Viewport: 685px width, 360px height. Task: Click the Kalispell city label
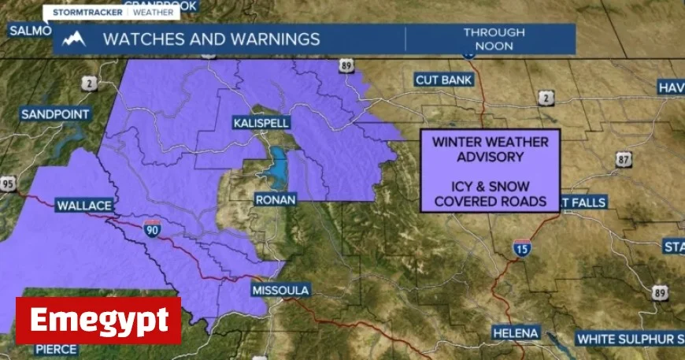pos(261,124)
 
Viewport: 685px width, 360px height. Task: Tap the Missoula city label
pos(280,290)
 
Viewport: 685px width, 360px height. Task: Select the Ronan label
pos(276,200)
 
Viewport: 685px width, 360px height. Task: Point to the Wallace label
pos(84,206)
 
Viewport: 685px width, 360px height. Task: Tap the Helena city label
pos(516,333)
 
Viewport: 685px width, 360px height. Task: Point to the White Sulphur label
pos(630,340)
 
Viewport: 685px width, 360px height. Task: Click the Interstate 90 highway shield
pos(153,229)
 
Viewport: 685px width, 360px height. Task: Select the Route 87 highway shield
pos(624,160)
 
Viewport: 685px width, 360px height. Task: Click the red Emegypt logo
pos(98,321)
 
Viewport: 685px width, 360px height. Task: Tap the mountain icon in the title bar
pos(74,39)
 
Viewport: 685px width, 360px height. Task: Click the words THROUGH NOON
pos(494,39)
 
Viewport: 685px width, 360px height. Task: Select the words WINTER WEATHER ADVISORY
pos(489,150)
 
